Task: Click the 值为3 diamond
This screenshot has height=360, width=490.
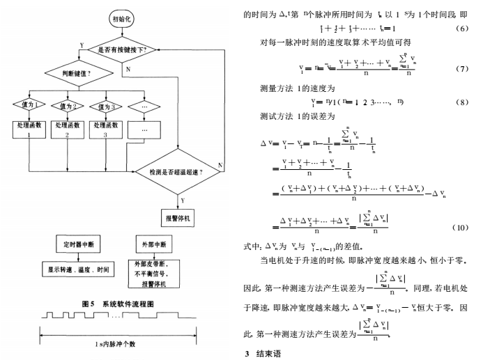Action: coord(105,106)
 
